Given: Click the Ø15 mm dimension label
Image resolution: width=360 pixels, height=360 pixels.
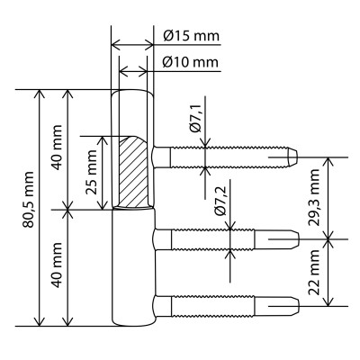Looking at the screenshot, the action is point(191,36).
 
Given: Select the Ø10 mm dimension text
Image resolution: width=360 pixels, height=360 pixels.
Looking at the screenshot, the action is point(191,62).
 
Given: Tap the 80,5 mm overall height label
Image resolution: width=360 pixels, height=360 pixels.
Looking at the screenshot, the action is point(30,200).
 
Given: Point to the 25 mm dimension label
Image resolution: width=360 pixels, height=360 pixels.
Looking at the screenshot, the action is point(91,172).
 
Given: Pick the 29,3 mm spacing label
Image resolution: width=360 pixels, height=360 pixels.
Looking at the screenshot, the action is point(315,197).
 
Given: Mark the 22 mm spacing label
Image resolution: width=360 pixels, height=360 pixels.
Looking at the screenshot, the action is point(314,272).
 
